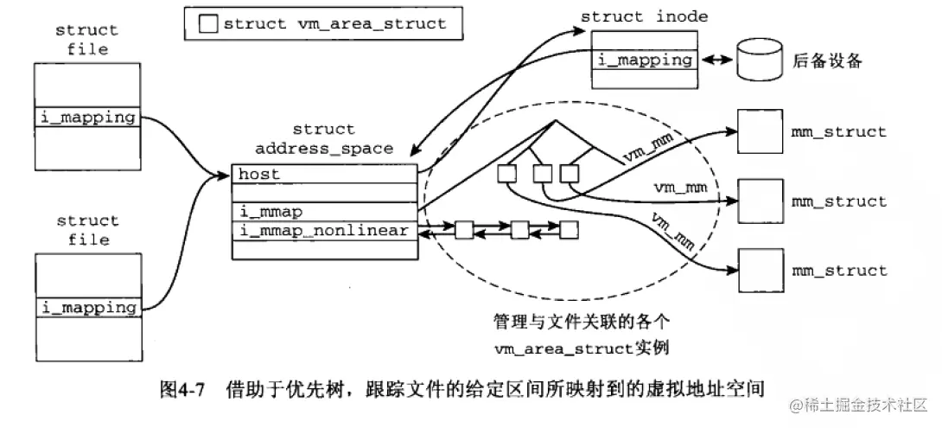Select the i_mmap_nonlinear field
tap(324, 232)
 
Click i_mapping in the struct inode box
tap(645, 60)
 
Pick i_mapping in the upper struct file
tap(87, 117)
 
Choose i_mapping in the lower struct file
tap(87, 307)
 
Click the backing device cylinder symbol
tap(758, 61)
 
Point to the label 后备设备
tap(827, 61)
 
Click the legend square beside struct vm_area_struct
tap(208, 23)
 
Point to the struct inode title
tap(644, 16)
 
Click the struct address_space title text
tap(323, 139)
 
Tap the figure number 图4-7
tap(181, 388)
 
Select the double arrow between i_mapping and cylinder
tap(715, 61)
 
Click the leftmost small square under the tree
tap(507, 174)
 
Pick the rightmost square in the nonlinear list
tap(569, 230)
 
